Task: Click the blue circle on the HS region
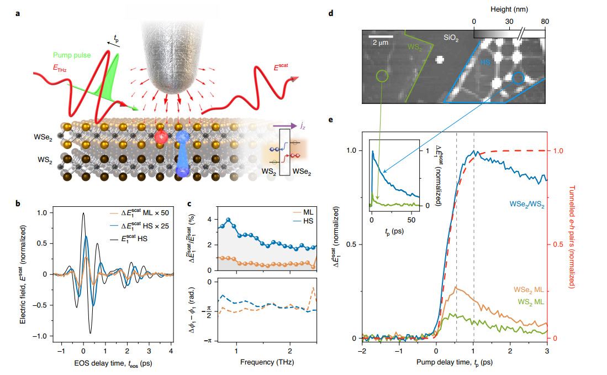pyautogui.click(x=518, y=79)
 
